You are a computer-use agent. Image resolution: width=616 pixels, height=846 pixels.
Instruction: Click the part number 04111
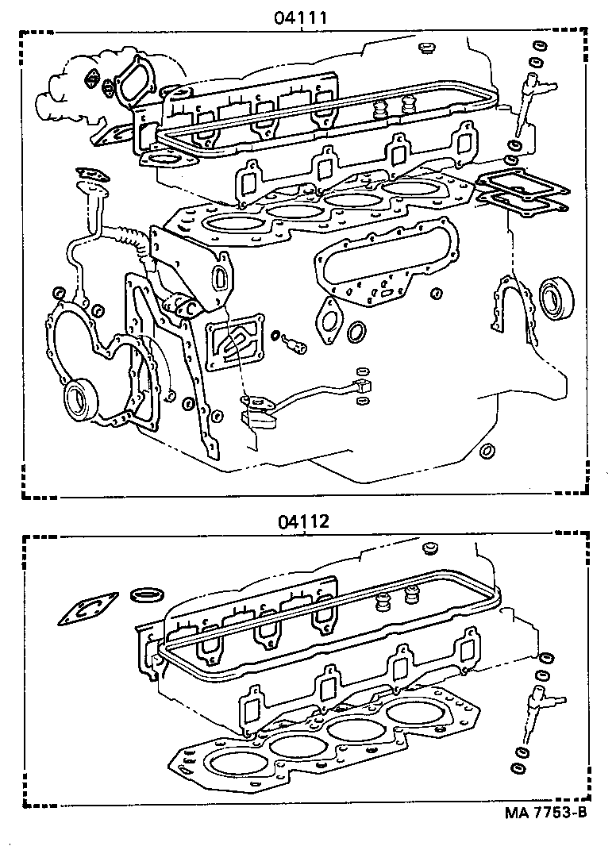tap(302, 16)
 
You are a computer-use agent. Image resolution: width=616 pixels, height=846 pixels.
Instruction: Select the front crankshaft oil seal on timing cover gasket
tap(79, 397)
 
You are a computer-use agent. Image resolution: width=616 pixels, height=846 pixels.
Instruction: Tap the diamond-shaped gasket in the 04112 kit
tap(88, 611)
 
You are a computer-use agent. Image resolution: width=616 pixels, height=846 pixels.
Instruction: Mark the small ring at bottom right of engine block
tap(488, 452)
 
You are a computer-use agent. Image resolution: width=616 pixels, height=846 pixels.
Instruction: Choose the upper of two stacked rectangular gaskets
tap(522, 185)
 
